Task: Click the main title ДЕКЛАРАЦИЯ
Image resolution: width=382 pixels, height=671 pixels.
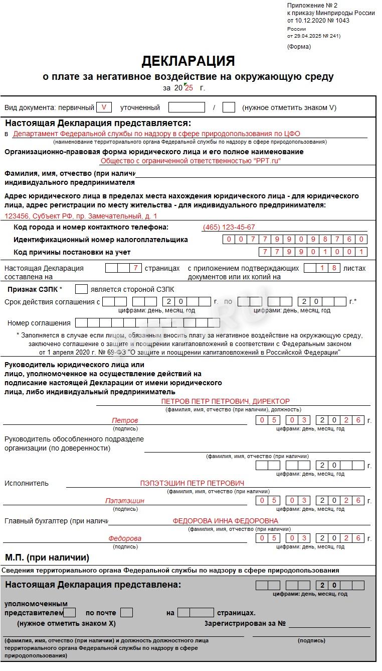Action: (188, 61)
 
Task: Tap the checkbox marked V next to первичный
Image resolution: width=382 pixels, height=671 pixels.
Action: (104, 107)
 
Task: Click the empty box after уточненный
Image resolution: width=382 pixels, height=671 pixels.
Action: (186, 107)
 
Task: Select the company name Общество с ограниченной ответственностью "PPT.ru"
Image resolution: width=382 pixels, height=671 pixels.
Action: (190, 161)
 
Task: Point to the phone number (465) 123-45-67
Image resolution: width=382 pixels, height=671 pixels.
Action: (228, 227)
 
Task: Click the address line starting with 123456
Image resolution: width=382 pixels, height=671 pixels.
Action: (81, 216)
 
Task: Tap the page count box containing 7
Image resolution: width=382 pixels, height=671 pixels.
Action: (135, 268)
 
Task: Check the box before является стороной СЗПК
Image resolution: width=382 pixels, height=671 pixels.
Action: (81, 289)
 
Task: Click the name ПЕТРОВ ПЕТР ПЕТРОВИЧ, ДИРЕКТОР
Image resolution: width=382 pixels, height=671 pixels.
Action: (225, 401)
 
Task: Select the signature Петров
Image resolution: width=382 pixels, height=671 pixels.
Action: (125, 420)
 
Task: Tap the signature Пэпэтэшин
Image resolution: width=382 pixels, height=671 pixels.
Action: (125, 501)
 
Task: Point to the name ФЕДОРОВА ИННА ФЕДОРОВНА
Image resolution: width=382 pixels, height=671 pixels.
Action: (225, 521)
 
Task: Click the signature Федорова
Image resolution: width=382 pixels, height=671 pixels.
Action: (125, 538)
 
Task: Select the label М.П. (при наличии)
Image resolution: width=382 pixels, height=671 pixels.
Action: (47, 557)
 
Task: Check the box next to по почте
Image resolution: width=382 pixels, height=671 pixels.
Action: (127, 613)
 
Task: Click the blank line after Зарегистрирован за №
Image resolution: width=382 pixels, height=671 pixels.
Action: (329, 624)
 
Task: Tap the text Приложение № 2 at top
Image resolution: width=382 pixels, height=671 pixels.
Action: (312, 5)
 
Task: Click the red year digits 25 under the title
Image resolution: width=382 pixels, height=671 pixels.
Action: (189, 88)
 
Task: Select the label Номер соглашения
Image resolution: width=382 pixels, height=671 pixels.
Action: (39, 323)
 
